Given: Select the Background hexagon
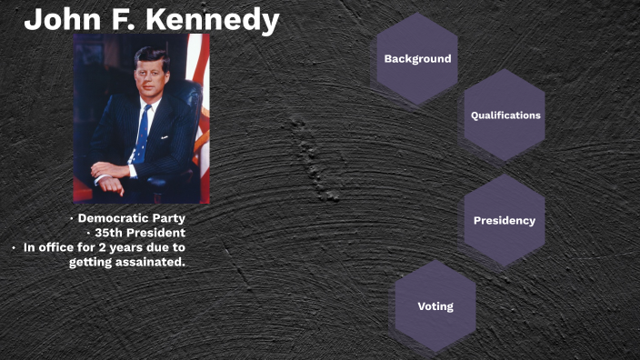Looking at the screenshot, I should point(417,59).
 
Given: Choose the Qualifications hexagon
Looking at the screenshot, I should point(505,115).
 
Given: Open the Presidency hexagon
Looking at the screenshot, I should point(505,221).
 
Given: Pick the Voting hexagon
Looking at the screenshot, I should point(435,306).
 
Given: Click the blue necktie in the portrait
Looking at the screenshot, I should point(143,132).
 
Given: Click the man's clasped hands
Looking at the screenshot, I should point(112,173).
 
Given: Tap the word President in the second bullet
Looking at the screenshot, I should point(158,233).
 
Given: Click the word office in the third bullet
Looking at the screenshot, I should point(59,247).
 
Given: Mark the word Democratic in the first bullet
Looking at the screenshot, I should point(113,218).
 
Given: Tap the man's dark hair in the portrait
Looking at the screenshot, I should point(150,56).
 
